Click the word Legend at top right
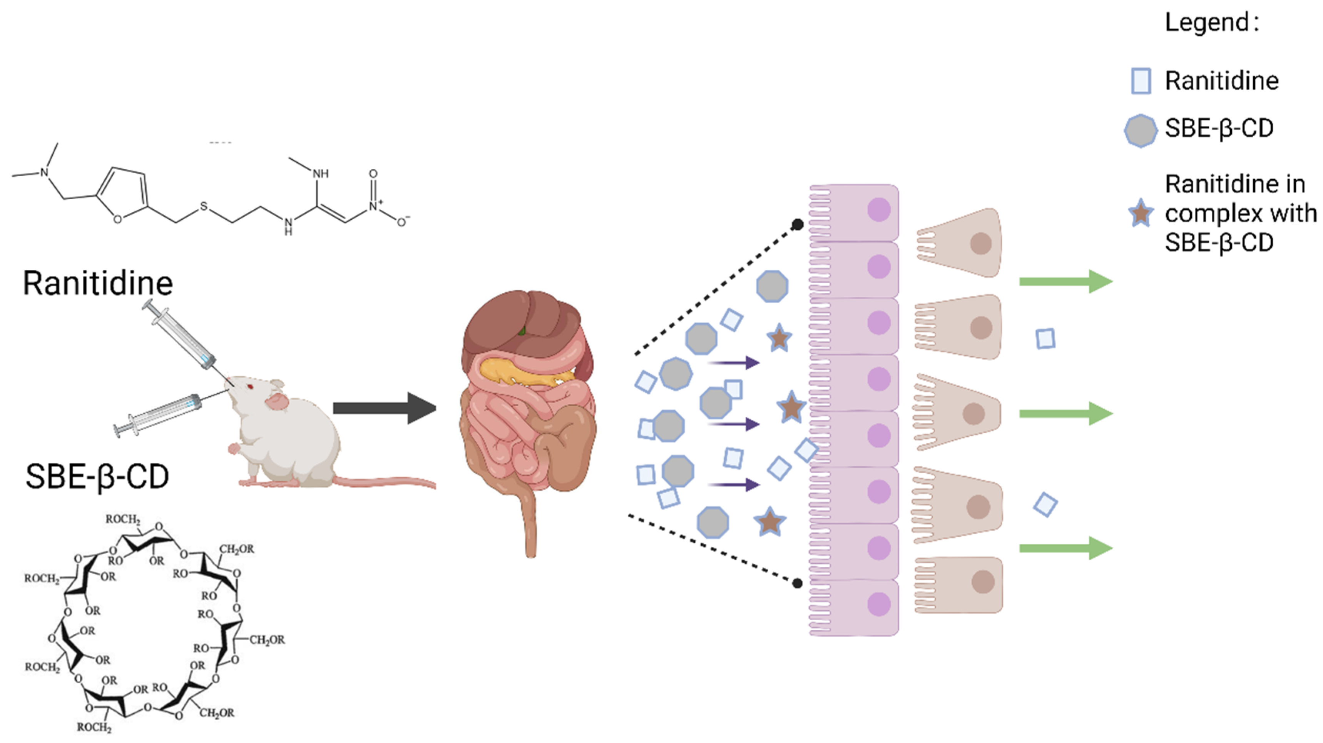pos(1207,23)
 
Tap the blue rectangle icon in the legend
pos(1141,81)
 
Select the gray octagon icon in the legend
pos(1141,130)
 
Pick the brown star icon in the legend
pos(1141,214)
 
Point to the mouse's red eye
pos(251,386)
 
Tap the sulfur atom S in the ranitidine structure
pos(204,206)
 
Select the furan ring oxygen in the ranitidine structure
pos(118,219)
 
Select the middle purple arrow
pos(734,424)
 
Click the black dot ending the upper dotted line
pos(798,224)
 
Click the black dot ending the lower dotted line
pos(798,583)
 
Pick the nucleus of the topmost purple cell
pos(879,210)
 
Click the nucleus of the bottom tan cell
pos(982,582)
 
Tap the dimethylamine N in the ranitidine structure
pos(45,172)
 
